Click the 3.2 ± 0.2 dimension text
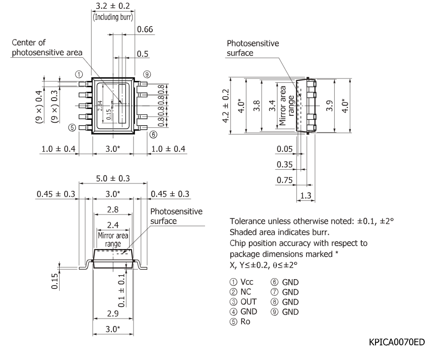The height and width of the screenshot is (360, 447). [x=112, y=6]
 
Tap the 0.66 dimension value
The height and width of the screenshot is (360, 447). [x=145, y=30]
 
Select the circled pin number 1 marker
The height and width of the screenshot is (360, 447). [x=79, y=74]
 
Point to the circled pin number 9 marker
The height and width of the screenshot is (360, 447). [x=147, y=74]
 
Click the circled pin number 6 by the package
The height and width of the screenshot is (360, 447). [x=153, y=134]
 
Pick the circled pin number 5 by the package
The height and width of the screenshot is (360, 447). [x=72, y=127]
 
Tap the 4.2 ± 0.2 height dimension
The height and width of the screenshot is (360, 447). [x=226, y=106]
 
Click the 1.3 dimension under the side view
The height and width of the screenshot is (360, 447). [x=306, y=196]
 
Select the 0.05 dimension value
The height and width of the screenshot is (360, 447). [x=284, y=149]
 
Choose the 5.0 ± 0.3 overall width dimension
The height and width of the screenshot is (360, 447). [x=113, y=179]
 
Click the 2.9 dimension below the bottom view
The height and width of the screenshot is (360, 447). [x=113, y=314]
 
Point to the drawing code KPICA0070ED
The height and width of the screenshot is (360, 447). [x=397, y=342]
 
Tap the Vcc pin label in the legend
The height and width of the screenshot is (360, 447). [x=247, y=282]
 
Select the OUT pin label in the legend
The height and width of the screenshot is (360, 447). [x=248, y=301]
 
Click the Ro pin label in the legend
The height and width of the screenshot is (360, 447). [x=245, y=322]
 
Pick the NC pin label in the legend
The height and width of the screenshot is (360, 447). [x=246, y=292]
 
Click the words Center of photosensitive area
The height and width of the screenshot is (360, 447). [x=47, y=48]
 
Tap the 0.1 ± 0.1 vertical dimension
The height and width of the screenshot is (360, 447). [x=121, y=290]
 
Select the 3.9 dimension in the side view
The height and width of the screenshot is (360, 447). [x=329, y=106]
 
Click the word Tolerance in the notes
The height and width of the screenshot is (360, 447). [x=247, y=221]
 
